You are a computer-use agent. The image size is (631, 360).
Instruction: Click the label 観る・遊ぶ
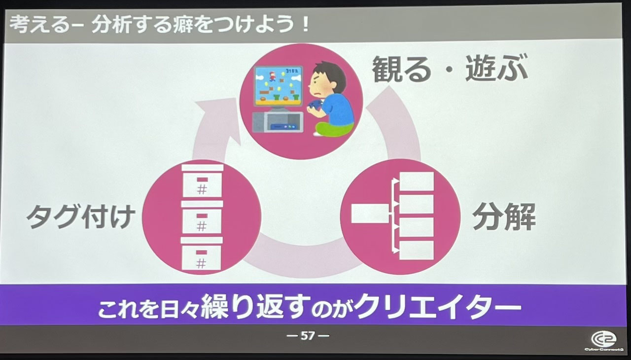[450, 69]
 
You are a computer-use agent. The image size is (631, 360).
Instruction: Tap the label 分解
[504, 217]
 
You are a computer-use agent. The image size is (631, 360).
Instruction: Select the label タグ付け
[81, 217]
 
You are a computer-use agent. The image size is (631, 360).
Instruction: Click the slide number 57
[308, 335]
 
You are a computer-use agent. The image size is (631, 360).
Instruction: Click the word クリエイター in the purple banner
[437, 307]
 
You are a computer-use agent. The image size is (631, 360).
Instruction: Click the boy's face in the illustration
[322, 85]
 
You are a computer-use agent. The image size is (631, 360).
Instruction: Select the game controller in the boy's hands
[313, 106]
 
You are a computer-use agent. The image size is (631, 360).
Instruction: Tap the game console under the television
[278, 122]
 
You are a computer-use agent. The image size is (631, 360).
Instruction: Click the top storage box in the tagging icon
[202, 181]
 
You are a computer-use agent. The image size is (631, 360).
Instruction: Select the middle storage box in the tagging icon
[202, 217]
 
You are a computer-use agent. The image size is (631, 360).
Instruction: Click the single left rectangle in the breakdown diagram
[370, 213]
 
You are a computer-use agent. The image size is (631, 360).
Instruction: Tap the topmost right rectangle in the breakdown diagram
[417, 181]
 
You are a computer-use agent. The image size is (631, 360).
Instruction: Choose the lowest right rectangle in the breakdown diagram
[417, 250]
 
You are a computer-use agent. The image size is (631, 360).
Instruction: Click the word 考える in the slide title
[39, 25]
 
